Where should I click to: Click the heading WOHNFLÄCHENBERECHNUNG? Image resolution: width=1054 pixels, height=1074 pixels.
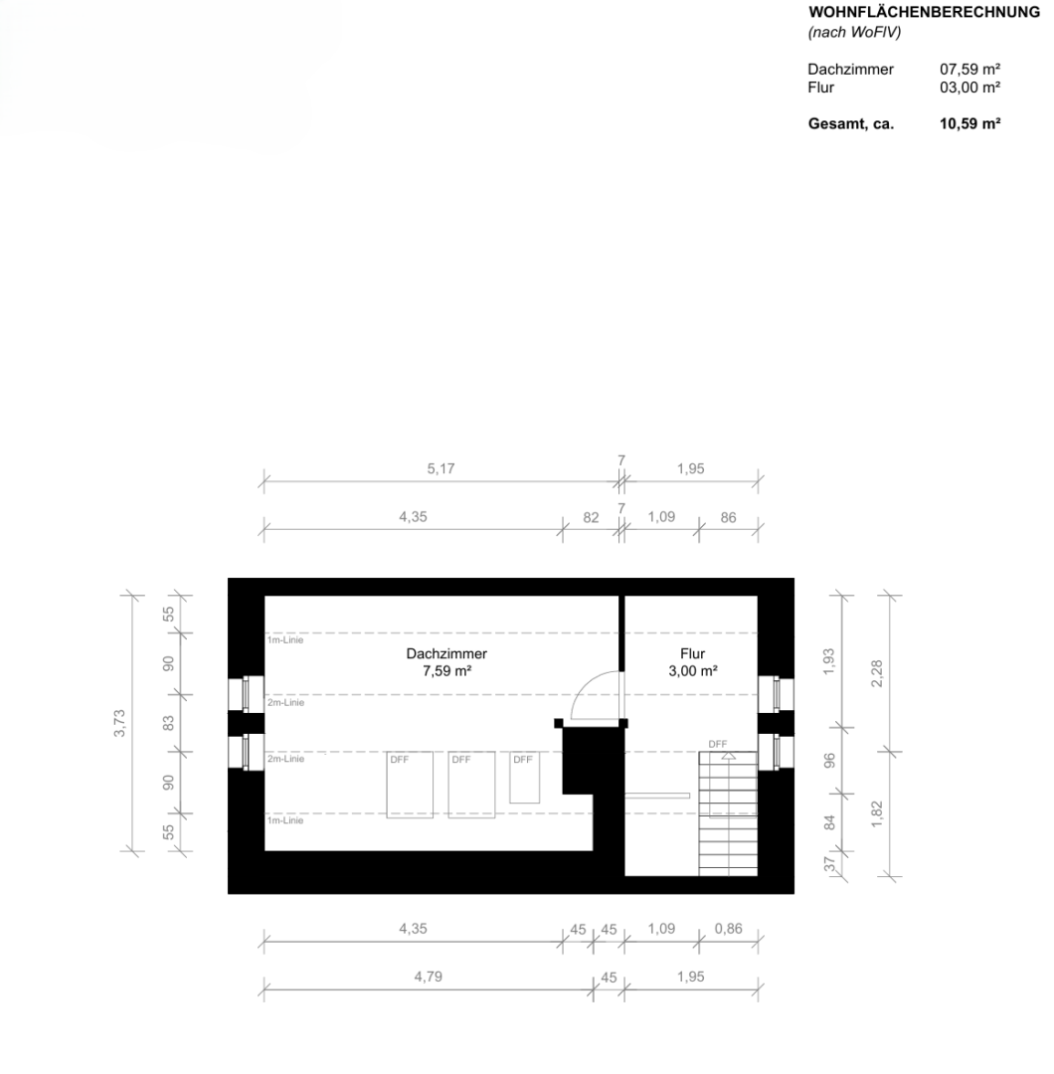point(924,12)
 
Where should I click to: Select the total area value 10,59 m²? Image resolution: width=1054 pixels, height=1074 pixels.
point(969,124)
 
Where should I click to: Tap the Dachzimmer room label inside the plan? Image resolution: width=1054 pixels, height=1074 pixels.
point(446,653)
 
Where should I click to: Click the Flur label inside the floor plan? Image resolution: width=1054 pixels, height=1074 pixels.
point(692,653)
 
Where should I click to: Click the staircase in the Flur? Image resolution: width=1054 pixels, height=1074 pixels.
point(728,813)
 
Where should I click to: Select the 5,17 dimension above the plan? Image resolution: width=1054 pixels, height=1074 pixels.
point(441,468)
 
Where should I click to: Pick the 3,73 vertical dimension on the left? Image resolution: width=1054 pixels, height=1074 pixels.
point(119,723)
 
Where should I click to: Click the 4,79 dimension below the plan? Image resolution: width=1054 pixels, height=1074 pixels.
point(428,977)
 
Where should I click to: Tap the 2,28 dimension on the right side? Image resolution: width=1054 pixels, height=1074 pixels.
point(877,673)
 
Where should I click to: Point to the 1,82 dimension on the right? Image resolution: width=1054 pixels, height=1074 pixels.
point(877,813)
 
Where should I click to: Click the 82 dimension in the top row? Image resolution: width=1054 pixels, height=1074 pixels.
point(591,518)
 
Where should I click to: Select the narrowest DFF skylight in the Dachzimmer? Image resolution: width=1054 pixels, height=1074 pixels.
point(525,778)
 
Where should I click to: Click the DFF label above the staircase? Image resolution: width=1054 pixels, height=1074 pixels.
point(718,744)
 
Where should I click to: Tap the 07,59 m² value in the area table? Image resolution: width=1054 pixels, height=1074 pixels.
point(969,70)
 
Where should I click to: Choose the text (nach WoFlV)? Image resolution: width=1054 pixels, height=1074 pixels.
point(854,32)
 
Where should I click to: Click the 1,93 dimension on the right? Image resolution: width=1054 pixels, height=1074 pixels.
point(828,661)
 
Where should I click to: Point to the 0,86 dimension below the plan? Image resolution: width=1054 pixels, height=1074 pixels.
point(728,929)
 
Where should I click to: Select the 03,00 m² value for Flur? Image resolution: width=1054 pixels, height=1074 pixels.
point(969,88)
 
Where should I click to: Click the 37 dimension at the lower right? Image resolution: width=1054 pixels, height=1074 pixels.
point(830,864)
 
